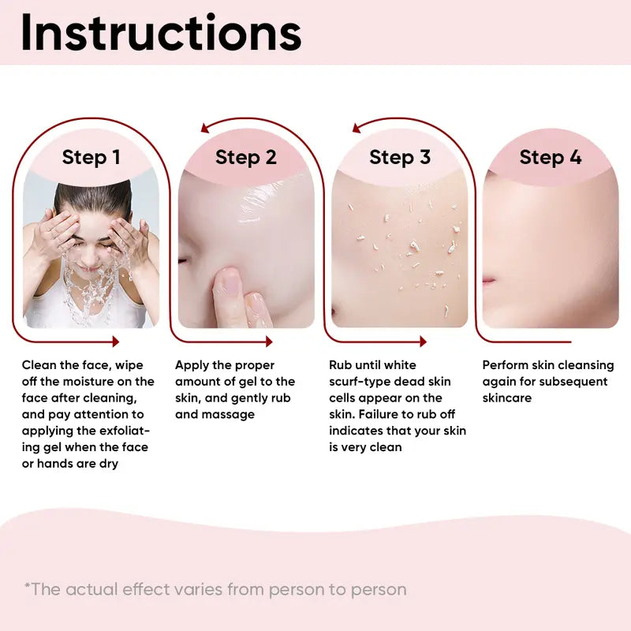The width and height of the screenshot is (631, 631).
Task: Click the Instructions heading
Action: (161, 32)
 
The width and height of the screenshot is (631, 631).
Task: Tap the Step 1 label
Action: (91, 157)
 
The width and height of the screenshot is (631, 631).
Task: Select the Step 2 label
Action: (246, 157)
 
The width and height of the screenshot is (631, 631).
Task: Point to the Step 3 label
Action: (400, 157)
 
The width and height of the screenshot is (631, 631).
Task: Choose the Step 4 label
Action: (551, 157)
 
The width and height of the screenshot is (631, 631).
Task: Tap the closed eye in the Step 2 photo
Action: (183, 261)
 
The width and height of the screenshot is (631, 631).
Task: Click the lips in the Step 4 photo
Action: (488, 280)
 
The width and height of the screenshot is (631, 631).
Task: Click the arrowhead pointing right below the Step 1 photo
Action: (116, 342)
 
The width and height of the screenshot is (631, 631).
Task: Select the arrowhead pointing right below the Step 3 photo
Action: (423, 342)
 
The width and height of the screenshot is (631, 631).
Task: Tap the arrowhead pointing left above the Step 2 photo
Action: (204, 128)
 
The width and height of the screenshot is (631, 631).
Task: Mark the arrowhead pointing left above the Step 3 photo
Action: (357, 128)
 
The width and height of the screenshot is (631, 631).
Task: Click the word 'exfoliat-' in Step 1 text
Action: (125, 431)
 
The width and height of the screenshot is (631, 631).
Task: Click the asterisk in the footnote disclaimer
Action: (28, 585)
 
